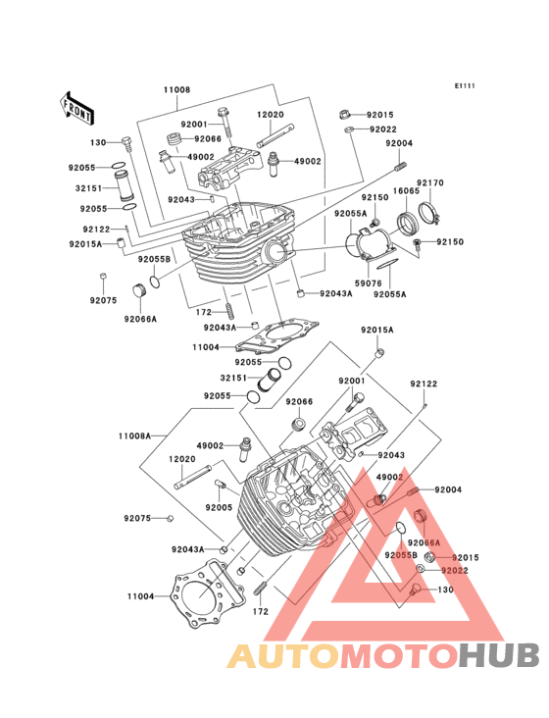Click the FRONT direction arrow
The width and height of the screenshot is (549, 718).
pos(76,108)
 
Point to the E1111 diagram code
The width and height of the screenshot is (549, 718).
pos(465,85)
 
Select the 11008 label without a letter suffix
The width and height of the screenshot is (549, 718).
pos(176,90)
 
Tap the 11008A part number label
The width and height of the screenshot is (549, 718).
pos(134,436)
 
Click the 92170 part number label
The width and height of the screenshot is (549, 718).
pos(430,183)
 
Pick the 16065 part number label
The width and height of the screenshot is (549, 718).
pos(406,190)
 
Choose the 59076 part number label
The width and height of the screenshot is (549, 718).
pos(369,283)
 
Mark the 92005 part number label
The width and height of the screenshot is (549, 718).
pos(219,507)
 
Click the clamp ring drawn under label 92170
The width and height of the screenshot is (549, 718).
pos(430,212)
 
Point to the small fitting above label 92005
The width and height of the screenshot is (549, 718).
pos(220,484)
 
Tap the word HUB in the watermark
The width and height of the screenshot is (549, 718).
pos(500,656)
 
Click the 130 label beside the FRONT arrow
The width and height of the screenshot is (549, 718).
pos(98,143)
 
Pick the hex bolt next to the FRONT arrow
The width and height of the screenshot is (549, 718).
pos(126,145)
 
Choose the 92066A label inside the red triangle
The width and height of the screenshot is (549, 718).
pos(424,542)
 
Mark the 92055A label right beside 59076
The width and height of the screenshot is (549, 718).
pos(390,294)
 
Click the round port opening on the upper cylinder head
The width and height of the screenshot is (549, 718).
pos(276,251)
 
